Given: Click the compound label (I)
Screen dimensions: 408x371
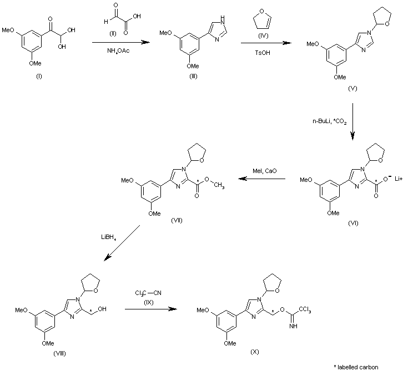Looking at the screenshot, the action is coord(39,77).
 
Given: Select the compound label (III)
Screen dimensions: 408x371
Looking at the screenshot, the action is coord(193,76).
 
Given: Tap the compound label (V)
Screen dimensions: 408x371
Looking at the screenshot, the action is coord(352,88).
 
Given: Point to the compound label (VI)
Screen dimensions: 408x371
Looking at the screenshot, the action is coord(353,223).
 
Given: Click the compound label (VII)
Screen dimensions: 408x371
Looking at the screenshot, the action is coord(177,221).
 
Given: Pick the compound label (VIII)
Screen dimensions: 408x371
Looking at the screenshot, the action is coord(59,354).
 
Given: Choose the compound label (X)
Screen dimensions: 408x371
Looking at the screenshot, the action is coord(254,352).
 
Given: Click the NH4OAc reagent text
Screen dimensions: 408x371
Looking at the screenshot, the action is coord(118,50).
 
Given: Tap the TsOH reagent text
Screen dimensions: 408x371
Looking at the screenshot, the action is coord(263,53).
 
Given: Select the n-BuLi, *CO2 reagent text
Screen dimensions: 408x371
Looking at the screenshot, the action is coord(329,121).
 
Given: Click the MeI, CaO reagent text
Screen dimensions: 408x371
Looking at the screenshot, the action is coord(264,171).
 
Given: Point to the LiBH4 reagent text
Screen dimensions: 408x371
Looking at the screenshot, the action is coord(108,237).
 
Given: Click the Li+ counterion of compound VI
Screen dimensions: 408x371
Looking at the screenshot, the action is coord(399,179).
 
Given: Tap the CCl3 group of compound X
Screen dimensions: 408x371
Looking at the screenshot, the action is coord(305,309).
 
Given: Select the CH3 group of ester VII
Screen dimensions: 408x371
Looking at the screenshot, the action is coord(219,185).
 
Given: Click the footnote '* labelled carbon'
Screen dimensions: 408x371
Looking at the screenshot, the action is coord(356,367).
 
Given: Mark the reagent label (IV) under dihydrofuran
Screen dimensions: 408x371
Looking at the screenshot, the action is coord(263,35).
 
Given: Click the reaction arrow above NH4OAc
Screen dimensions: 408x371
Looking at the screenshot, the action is coord(121,42).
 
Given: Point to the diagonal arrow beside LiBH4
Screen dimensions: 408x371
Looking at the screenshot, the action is coord(122,243).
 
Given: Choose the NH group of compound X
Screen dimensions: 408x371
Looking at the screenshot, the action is coord(293,326).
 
